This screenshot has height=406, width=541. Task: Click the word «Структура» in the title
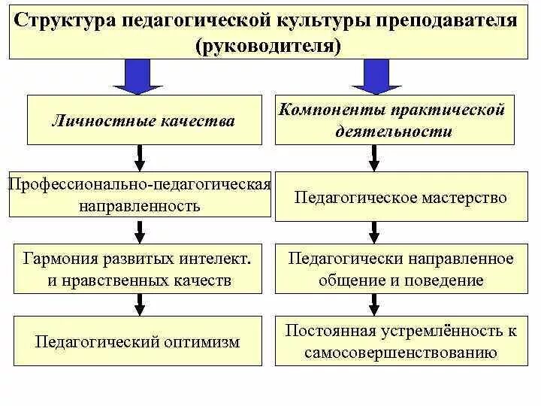click(x=65, y=20)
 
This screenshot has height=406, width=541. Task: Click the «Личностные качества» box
click(x=142, y=120)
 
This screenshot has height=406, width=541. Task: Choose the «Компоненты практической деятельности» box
click(x=394, y=120)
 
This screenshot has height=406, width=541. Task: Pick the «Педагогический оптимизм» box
click(x=138, y=341)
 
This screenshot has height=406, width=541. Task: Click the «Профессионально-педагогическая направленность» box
click(x=139, y=195)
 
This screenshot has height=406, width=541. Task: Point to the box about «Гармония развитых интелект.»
click(x=137, y=269)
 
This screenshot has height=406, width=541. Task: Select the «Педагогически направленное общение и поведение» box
click(x=401, y=269)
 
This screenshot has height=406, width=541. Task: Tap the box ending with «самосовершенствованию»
click(x=401, y=341)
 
